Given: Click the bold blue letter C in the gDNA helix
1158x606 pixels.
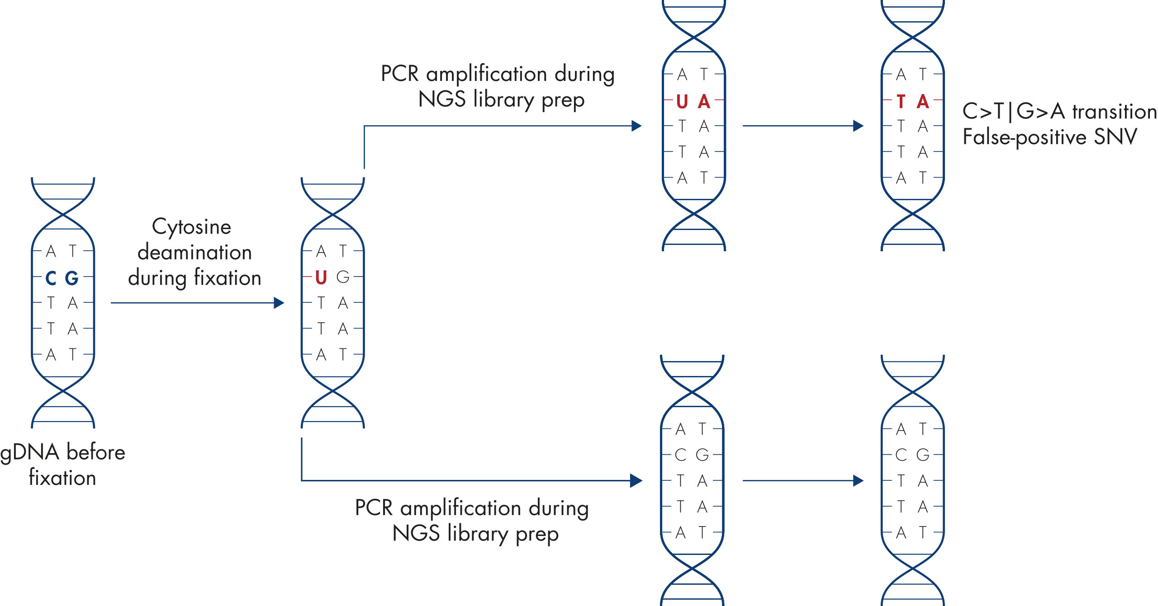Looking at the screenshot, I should (51, 278).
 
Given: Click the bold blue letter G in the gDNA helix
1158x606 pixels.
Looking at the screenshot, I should (72, 278).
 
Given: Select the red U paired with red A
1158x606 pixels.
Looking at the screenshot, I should (682, 102).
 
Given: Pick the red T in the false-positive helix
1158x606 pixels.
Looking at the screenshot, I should (901, 102).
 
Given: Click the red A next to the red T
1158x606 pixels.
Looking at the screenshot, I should (923, 102).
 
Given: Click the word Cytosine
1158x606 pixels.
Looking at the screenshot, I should (191, 227).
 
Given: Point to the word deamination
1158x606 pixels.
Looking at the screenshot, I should (195, 252).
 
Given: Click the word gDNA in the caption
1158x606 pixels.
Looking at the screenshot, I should (30, 452).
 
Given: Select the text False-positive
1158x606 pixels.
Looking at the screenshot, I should (1024, 136).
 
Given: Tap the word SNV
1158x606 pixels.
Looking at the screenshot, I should (1115, 136).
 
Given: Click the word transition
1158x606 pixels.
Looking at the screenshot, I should (1115, 111).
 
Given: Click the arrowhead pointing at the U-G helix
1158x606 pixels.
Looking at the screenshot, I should (279, 303).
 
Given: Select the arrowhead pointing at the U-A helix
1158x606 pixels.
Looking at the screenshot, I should (636, 126).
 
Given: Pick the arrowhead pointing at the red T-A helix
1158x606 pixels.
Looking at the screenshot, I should (858, 126).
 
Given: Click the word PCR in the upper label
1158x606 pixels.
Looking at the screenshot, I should (400, 74).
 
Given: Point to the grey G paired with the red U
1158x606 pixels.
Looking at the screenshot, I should (343, 277).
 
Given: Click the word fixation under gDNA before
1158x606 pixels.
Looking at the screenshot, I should (62, 478).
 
